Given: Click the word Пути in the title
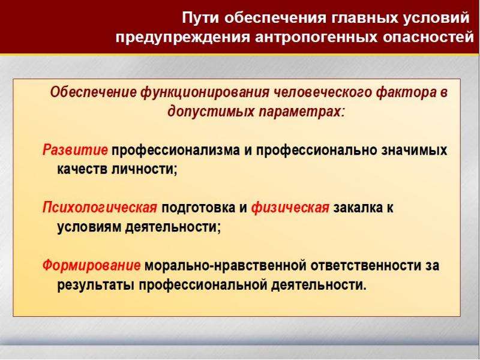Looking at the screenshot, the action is (x=201, y=17).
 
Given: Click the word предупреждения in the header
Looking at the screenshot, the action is (x=182, y=38).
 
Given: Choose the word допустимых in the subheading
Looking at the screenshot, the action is (x=211, y=112).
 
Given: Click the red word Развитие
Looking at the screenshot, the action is (x=75, y=150).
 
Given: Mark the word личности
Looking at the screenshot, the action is (x=144, y=169).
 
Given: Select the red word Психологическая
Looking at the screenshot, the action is (x=100, y=208).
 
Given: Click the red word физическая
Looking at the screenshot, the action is (x=290, y=208).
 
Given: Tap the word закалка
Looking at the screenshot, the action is (x=358, y=208).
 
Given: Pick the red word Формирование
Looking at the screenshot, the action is (x=92, y=265).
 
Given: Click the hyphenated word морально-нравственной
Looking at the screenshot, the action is (x=226, y=265).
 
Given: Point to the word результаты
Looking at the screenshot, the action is (x=96, y=285).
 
